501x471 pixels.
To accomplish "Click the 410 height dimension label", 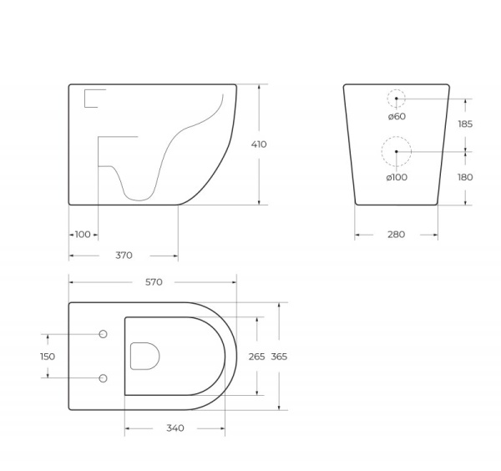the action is pos(259,144).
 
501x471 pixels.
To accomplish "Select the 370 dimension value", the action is pos(124,256).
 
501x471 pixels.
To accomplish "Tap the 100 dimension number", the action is pos(83,235).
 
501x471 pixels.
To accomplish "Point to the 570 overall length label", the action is pos(154,282).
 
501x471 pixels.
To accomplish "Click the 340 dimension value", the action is pos(175,428).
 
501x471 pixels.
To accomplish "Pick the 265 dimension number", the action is pos(256,357).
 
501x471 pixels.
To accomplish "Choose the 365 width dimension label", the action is pos(279,357).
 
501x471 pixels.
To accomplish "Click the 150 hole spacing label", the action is pos(48,357).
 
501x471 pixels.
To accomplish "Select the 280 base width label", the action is pos(396,235).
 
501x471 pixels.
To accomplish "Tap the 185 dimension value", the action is pos(465,124).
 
